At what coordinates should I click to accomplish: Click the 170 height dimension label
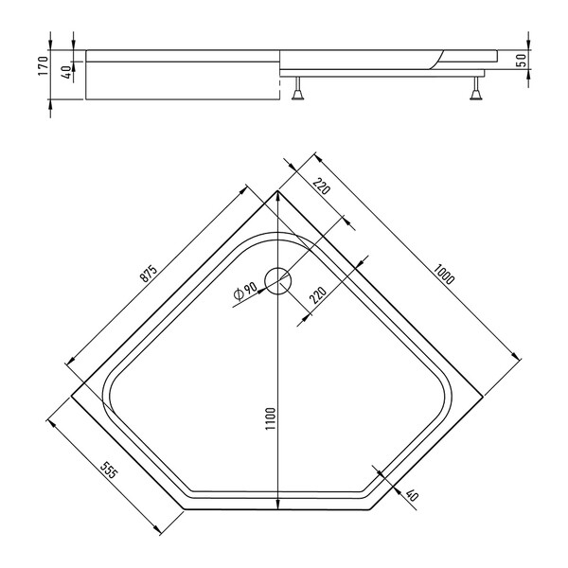44,65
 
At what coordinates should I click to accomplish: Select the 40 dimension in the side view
66,72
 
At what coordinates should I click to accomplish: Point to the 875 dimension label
149,274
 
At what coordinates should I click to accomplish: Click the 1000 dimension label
444,275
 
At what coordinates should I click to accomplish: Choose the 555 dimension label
109,470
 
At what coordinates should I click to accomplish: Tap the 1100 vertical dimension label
271,418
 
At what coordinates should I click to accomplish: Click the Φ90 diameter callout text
245,291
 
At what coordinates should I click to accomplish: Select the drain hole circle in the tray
278,281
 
